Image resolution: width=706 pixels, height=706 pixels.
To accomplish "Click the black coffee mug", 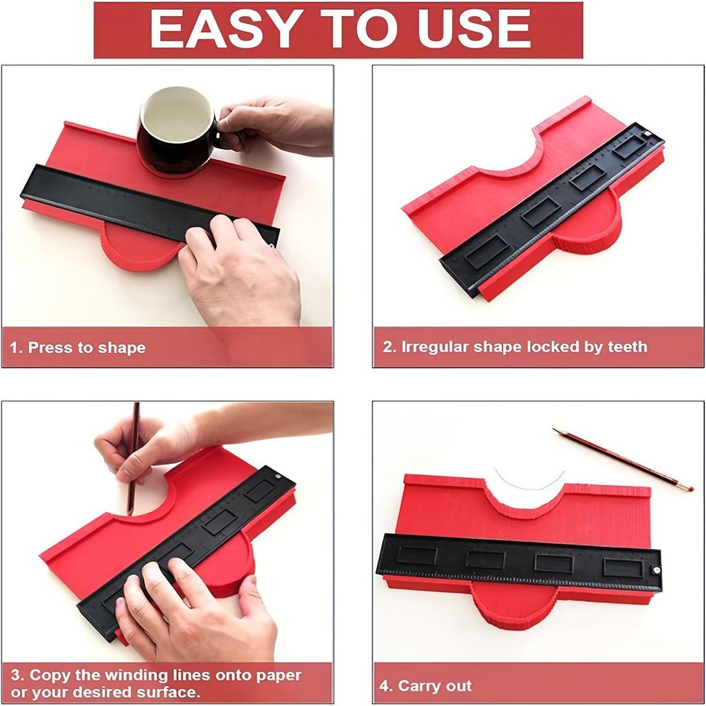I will [174, 131].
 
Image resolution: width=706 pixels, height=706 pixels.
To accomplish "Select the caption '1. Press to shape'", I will [77, 347].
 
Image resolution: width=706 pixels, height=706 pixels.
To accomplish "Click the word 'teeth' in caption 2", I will [626, 347].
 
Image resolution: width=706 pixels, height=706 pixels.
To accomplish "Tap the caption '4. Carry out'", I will [425, 685].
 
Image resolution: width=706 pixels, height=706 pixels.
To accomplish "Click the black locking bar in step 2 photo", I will [552, 210].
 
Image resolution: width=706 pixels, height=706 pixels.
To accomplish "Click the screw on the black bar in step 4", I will [656, 570].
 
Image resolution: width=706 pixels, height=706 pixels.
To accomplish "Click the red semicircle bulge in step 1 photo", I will [138, 248].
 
